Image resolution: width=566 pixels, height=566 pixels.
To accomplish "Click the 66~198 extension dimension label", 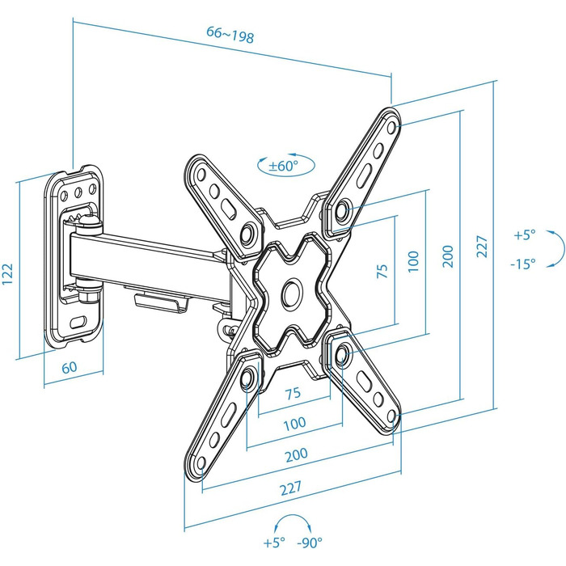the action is (x=230, y=35).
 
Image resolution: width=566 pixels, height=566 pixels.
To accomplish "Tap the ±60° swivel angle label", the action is (x=283, y=166).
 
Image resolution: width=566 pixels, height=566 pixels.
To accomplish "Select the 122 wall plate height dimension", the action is (x=8, y=274).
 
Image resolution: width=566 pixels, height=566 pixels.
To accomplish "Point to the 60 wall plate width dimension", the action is (x=70, y=367).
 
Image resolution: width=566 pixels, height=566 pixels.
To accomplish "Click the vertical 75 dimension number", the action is (x=382, y=271).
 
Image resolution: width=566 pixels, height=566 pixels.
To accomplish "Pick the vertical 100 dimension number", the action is (x=413, y=261).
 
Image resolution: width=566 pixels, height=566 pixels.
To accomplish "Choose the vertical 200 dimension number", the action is (x=448, y=256).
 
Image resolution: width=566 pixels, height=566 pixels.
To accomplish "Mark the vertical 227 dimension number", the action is (x=482, y=246).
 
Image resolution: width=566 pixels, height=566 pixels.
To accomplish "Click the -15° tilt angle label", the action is (x=523, y=264).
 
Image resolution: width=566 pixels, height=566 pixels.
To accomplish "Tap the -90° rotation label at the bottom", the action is (x=310, y=543).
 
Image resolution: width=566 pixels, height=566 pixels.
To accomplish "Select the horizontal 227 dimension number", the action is (x=291, y=488).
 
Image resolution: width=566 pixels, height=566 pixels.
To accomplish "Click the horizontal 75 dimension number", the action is (x=293, y=393).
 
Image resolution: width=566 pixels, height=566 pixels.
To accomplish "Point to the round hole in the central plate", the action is (x=291, y=293).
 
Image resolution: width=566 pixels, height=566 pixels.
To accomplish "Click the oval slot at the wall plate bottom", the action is (x=78, y=322).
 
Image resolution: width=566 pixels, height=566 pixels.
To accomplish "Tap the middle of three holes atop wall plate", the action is (x=78, y=192).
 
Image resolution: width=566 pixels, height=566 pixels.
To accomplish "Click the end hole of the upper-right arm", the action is (x=391, y=127).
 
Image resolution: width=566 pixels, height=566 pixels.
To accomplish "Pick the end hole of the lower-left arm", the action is (x=201, y=463).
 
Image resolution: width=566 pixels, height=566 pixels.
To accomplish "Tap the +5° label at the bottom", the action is (x=274, y=543).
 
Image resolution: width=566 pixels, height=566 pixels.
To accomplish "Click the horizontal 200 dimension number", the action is (x=297, y=454).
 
